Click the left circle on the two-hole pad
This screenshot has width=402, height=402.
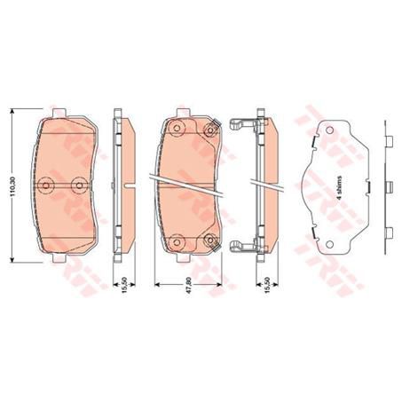click(45, 184)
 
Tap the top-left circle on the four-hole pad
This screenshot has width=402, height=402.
click(176, 127)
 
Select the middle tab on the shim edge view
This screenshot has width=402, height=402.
click(390, 187)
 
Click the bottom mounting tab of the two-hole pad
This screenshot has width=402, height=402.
click(63, 261)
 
